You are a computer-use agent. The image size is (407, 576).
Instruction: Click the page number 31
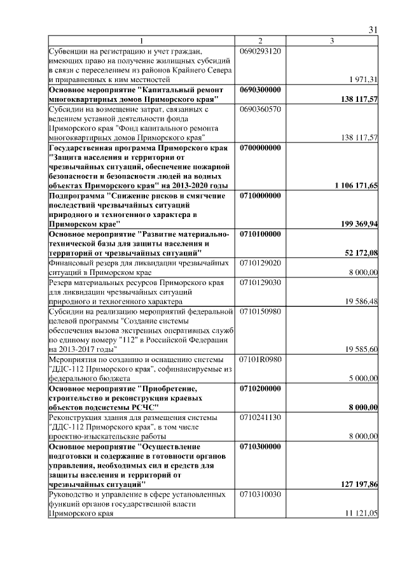click(373, 30)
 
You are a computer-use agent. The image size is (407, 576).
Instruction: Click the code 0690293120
click(261, 50)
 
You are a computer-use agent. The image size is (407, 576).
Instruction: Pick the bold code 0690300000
click(261, 90)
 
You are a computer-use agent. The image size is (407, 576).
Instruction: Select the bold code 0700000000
click(261, 148)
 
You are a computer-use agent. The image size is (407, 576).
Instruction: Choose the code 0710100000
click(261, 235)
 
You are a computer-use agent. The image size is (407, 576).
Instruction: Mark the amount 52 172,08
click(362, 253)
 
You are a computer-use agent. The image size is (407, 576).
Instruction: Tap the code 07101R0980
click(261, 360)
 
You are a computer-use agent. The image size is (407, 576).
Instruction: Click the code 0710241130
click(261, 418)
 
